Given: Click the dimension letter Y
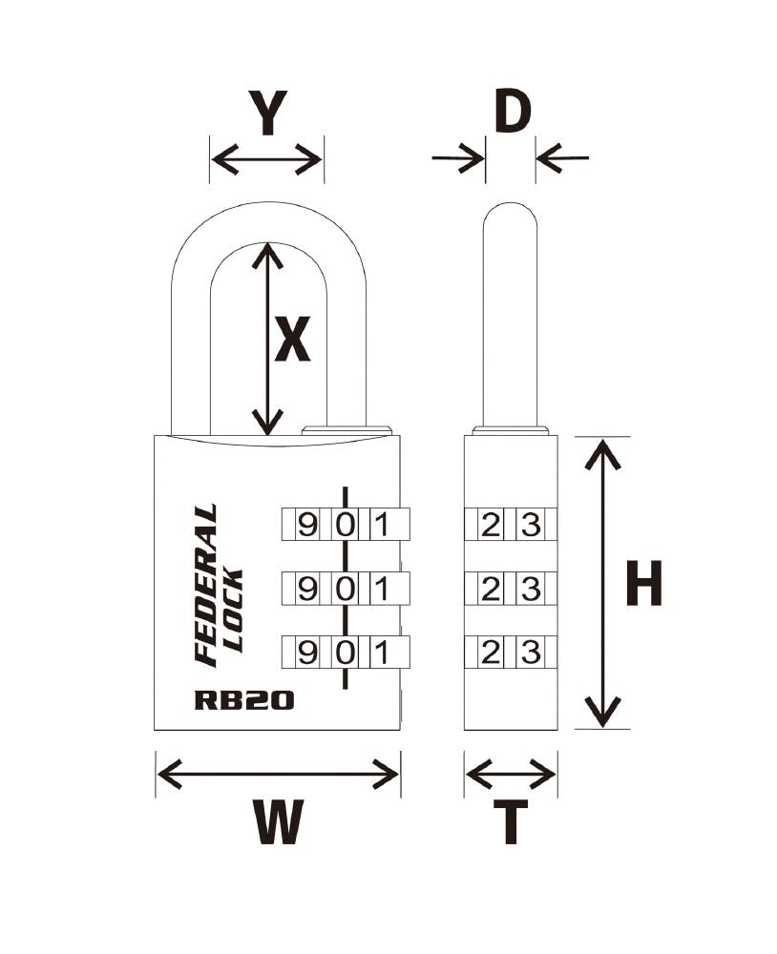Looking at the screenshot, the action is tap(267, 113).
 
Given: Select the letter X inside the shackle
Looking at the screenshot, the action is tap(292, 339).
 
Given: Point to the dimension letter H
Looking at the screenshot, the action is tap(643, 584).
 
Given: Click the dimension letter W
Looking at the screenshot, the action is tap(279, 821).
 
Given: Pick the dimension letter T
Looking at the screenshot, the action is tap(511, 822).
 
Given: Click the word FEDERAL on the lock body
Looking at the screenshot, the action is tap(205, 585).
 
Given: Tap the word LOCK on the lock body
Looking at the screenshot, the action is tap(234, 611).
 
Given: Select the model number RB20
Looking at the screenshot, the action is tap(244, 699).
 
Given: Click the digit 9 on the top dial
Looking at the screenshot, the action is tap(307, 525).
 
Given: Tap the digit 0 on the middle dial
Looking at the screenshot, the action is tap(346, 589).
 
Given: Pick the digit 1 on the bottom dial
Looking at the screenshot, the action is tap(382, 653).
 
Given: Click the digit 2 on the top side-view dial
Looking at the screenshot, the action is tap(490, 525).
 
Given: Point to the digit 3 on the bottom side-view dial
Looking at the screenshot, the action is tap(531, 653).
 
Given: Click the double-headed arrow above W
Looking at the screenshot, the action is tap(278, 775).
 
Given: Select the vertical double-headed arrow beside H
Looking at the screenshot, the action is tap(603, 583).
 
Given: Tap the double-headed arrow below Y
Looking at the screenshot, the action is tap(266, 160).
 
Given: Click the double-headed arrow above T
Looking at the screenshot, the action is tap(511, 775).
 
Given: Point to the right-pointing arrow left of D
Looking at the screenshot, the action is tap(458, 158).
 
